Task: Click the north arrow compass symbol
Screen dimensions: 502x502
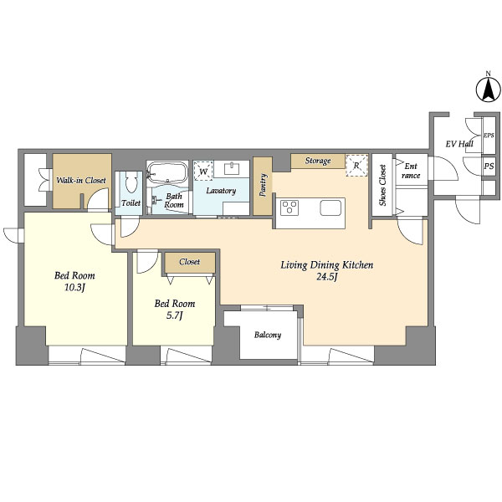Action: click(x=488, y=90)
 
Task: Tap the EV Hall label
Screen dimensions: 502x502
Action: click(x=459, y=144)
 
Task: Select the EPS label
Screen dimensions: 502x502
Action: click(x=489, y=136)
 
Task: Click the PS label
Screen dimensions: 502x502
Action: click(x=489, y=166)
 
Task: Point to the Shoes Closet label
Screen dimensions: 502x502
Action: click(x=382, y=185)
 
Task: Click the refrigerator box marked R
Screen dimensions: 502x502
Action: click(x=356, y=166)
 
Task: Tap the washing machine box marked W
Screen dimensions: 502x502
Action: click(x=203, y=171)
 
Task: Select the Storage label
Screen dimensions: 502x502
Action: click(x=318, y=161)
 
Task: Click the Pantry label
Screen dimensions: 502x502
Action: click(x=263, y=185)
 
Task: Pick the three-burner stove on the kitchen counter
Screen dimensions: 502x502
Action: click(x=289, y=207)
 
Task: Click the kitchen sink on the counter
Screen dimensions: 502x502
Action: click(x=330, y=207)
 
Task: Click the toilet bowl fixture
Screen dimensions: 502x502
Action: click(x=131, y=182)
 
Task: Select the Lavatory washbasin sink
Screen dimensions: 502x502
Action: click(x=232, y=168)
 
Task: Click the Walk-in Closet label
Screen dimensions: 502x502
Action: click(x=81, y=180)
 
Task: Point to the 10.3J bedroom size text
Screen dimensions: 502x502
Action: click(x=74, y=288)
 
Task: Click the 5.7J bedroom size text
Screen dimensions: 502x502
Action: click(x=175, y=316)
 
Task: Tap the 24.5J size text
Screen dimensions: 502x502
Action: click(x=327, y=277)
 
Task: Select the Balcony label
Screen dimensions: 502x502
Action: click(x=268, y=335)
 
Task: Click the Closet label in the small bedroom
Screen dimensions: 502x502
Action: click(x=190, y=262)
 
